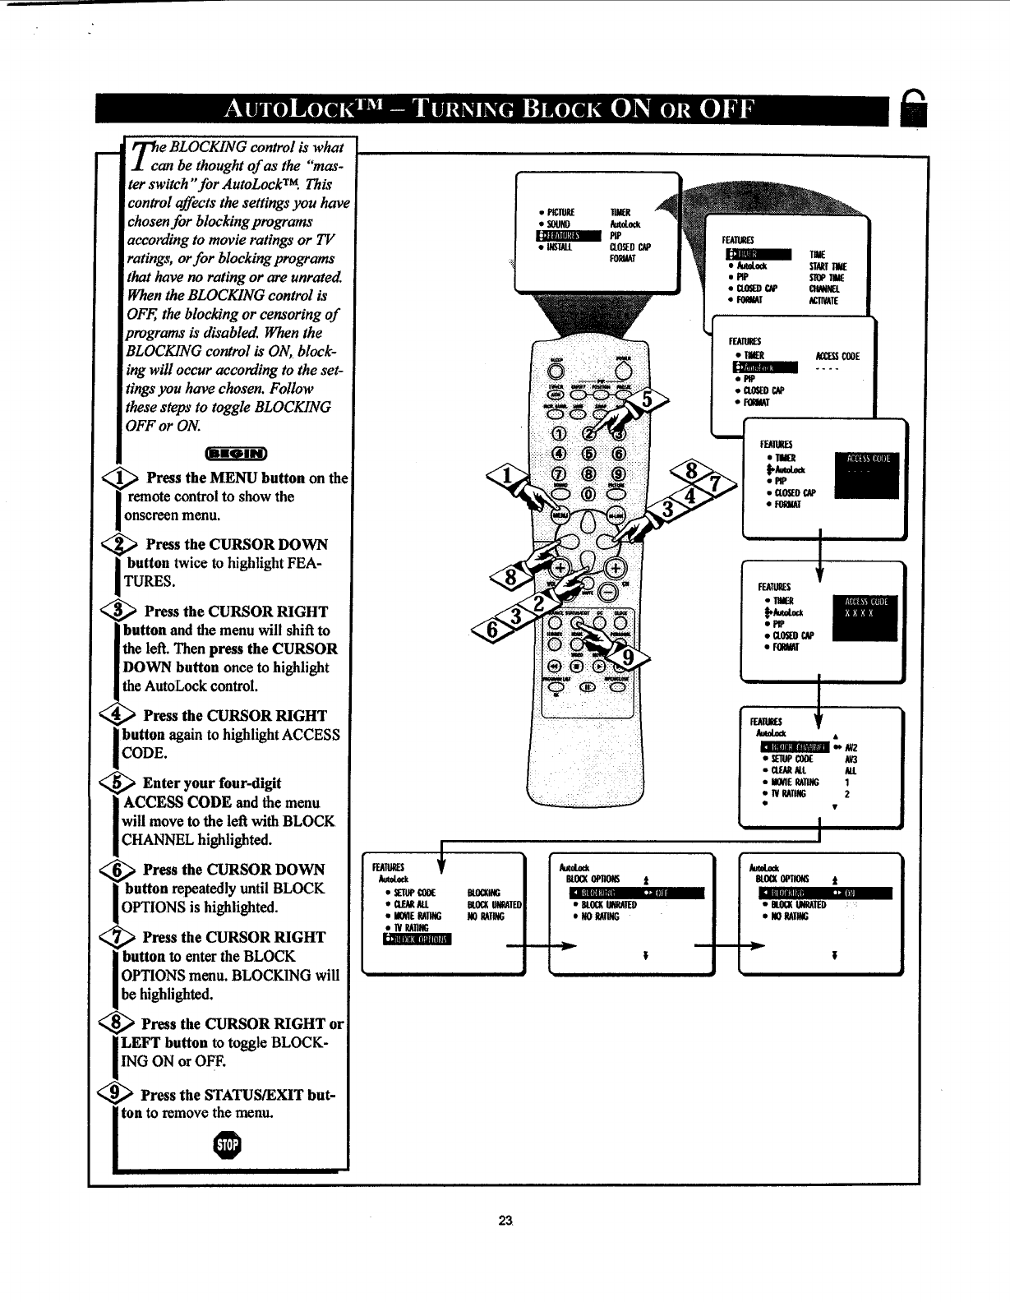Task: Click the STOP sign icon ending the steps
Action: [x=228, y=1145]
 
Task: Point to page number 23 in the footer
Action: [x=505, y=1219]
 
